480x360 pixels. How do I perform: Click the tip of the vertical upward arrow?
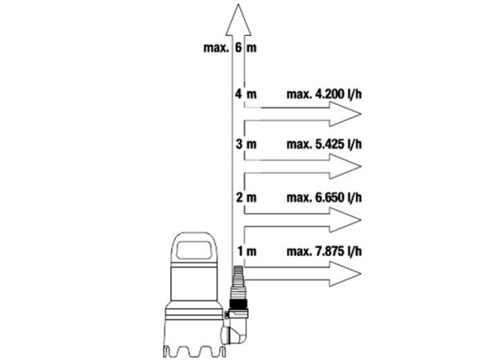point(238,4)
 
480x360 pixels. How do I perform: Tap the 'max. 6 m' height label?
point(230,48)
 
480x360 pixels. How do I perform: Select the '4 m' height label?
point(246,94)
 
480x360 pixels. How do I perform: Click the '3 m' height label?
point(246,144)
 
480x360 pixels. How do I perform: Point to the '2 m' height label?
point(246,198)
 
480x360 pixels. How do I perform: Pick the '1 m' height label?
point(246,251)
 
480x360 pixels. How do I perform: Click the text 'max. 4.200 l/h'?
point(324,94)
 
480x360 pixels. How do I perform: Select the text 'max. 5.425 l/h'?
point(324,144)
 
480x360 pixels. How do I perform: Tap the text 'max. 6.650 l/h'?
point(324,198)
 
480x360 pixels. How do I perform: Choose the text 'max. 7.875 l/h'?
point(324,251)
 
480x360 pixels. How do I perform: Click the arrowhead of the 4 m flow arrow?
point(345,114)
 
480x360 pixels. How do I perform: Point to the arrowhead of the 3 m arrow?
point(345,166)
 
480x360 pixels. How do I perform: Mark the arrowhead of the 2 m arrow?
point(345,220)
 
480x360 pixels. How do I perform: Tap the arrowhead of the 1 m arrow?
point(345,274)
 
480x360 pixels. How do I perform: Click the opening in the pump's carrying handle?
point(194,250)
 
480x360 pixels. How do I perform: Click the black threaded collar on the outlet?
point(238,305)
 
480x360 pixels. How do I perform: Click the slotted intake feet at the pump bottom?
point(194,351)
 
